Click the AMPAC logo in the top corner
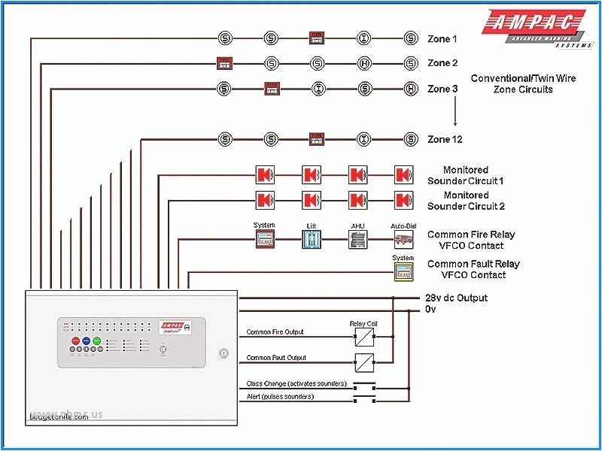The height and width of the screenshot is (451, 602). click(535, 27)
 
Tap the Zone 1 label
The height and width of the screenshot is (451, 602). click(442, 39)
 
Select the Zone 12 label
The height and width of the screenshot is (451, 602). click(445, 139)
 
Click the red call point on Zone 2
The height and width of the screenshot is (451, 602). click(224, 63)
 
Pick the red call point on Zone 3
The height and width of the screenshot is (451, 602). click(272, 89)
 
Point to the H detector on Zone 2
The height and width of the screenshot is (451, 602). click(364, 63)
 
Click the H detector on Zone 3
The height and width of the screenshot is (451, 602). click(411, 89)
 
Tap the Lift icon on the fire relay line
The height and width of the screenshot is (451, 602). click(312, 239)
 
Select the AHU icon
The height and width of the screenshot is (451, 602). click(357, 239)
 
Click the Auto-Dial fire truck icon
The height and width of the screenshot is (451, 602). click(404, 239)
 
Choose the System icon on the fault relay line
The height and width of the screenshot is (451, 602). click(403, 271)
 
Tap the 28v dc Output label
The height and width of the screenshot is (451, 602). click(456, 298)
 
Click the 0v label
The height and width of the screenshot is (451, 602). click(430, 309)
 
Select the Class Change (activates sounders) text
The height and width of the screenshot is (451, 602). click(296, 383)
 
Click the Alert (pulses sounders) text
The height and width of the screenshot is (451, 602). click(280, 396)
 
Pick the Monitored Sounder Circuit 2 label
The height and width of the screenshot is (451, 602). click(466, 201)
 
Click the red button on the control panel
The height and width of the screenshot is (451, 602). click(75, 341)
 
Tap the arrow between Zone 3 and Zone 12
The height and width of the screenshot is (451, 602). click(455, 114)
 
